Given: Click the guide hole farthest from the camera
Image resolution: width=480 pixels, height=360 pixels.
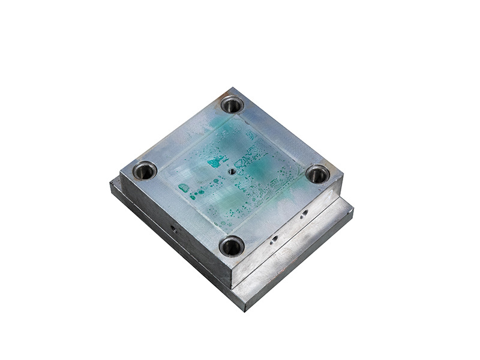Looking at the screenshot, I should coord(232,105).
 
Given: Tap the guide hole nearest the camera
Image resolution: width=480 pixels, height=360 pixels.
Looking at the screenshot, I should coord(231,245).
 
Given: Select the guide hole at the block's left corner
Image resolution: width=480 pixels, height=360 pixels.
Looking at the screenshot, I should coord(145,170).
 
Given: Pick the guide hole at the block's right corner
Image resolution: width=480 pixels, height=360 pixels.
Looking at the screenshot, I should coord(317,174).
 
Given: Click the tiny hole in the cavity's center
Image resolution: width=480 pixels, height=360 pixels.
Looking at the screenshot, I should coord(232,170).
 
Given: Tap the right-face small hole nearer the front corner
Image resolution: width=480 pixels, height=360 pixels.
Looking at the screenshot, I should coord(274,239).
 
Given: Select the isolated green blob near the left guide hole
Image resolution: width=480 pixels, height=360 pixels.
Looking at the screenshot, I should coord(184,188).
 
